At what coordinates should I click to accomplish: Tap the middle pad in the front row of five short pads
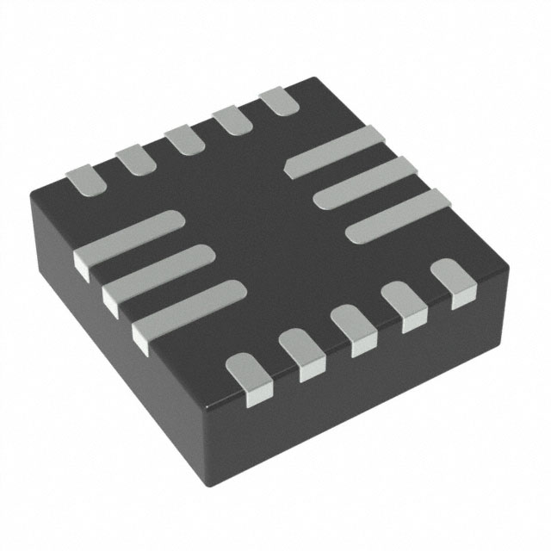click(x=350, y=330)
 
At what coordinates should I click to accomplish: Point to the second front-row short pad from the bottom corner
click(x=301, y=354)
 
